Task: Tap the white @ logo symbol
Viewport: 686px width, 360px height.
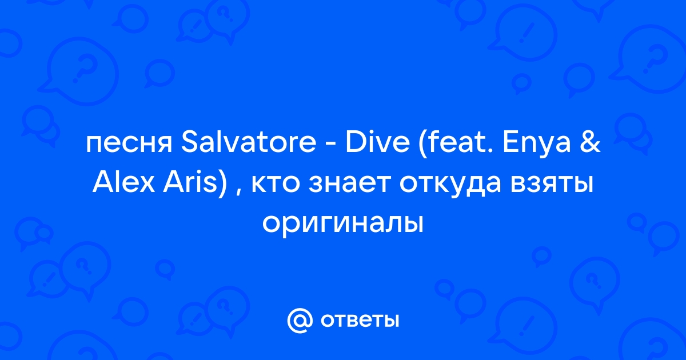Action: click(300, 321)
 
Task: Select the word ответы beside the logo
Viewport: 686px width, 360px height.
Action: click(360, 321)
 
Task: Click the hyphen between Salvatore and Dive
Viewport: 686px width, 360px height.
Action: click(331, 145)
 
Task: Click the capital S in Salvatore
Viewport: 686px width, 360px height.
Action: click(189, 142)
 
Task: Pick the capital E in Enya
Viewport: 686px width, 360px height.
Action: click(510, 142)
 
